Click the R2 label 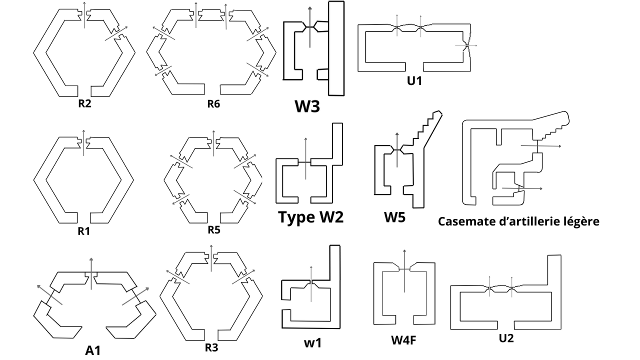tap(84, 103)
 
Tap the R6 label tap(213, 104)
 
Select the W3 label tap(307, 106)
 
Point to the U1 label tap(414, 81)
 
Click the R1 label tap(83, 231)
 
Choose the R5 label tap(214, 229)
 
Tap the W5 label tap(394, 217)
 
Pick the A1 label tap(93, 350)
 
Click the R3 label tap(211, 347)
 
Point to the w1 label tap(312, 343)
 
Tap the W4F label tap(403, 340)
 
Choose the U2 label tap(506, 338)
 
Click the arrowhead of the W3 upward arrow tap(310, 7)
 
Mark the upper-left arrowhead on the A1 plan tap(39, 286)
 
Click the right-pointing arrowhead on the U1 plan tap(475, 45)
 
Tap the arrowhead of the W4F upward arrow tap(404, 251)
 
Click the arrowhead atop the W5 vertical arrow tap(397, 134)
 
